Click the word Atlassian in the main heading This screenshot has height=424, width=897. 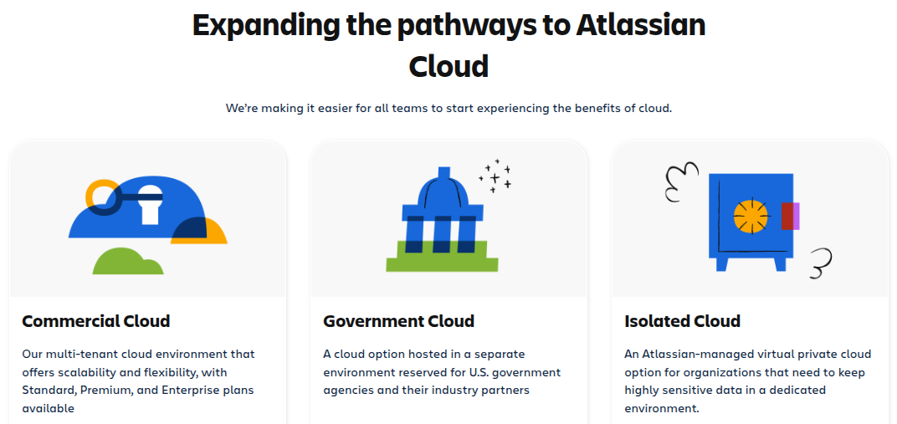click(641, 25)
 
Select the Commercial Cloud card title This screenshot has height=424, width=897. click(96, 321)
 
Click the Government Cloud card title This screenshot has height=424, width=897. click(398, 321)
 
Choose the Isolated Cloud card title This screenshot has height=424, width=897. click(682, 321)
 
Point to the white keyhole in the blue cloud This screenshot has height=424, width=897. click(150, 202)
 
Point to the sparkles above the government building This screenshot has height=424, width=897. click(495, 176)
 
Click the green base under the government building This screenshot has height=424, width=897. click(442, 256)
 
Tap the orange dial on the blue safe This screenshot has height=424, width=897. click(751, 216)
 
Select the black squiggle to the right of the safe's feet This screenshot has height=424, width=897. click(821, 263)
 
